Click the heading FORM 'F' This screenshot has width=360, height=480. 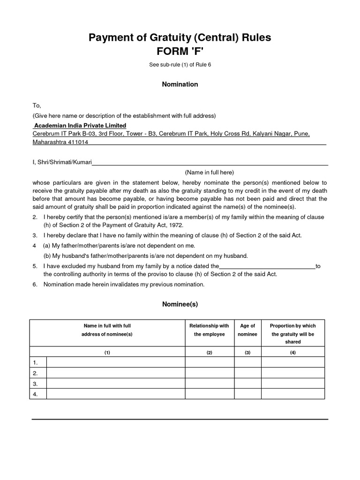(180, 51)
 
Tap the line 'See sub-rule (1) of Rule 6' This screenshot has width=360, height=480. (180, 64)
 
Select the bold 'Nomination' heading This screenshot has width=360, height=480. (180, 84)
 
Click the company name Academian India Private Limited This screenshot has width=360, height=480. (80, 126)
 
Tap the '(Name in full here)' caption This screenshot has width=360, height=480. (209, 172)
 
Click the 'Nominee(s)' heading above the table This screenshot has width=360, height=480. (180, 304)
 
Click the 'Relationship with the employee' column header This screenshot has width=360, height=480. (209, 330)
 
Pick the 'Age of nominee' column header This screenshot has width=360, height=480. (247, 330)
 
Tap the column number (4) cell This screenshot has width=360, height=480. (292, 352)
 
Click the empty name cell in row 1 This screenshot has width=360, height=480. (116, 362)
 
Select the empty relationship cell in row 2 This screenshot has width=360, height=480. (210, 373)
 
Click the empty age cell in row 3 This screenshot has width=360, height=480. (247, 383)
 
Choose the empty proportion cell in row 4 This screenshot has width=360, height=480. (292, 394)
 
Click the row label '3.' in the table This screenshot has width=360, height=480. (36, 383)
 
